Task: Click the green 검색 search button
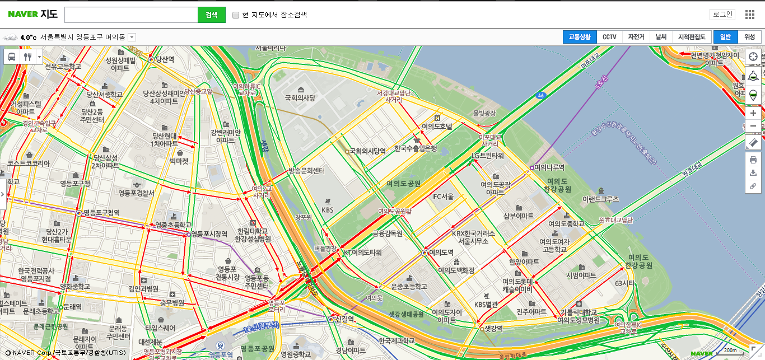click(211, 15)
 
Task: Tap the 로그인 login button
click(722, 15)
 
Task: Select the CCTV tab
click(609, 37)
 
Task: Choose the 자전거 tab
click(636, 37)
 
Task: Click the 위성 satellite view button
click(749, 37)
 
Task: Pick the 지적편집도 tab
click(691, 37)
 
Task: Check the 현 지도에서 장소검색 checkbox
click(236, 15)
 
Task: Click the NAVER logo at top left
click(22, 15)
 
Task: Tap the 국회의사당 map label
click(300, 98)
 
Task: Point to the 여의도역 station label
click(441, 253)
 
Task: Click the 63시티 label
click(624, 283)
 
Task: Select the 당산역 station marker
click(151, 59)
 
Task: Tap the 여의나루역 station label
click(549, 167)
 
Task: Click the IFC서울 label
click(442, 197)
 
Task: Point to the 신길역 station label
click(344, 319)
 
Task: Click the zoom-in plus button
click(753, 113)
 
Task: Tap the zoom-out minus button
click(753, 126)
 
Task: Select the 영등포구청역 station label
click(101, 213)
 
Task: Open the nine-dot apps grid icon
click(750, 15)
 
